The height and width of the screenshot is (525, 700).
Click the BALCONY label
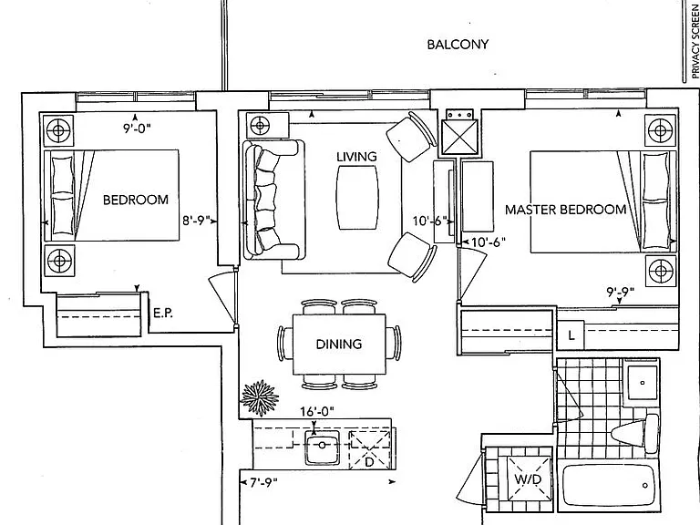click(458, 44)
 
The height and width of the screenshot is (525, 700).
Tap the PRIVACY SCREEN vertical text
click(695, 39)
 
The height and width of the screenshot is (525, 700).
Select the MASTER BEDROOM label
click(566, 210)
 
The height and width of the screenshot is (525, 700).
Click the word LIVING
click(356, 157)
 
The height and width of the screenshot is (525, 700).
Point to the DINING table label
click(339, 344)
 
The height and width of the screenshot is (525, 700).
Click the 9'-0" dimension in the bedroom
click(137, 129)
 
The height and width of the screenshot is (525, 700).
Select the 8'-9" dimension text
click(197, 221)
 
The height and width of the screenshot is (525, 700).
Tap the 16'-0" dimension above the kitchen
click(317, 411)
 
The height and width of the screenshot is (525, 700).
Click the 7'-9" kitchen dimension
click(263, 482)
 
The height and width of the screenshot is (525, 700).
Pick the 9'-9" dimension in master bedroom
click(621, 293)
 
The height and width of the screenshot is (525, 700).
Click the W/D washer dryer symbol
click(529, 479)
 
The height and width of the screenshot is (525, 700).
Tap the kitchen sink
click(322, 447)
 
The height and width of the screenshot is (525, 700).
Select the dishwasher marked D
click(370, 449)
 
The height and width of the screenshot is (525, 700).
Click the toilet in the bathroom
click(635, 431)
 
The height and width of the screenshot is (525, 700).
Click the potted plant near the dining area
click(260, 396)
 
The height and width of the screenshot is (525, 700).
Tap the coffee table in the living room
click(357, 198)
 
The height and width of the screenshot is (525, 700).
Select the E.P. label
click(163, 313)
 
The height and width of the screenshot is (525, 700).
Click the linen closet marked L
click(571, 335)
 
